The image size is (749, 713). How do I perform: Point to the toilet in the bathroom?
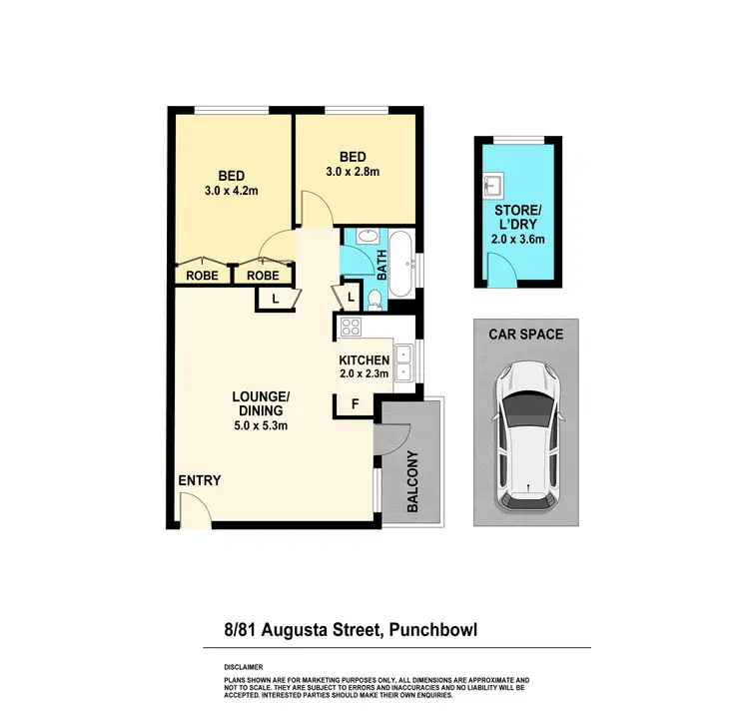pos(373,299)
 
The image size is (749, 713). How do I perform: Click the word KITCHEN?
pos(365,359)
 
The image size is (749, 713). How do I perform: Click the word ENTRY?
pos(199,481)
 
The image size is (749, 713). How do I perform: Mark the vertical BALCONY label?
pos(413,480)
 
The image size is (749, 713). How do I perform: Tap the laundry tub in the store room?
pos(491,186)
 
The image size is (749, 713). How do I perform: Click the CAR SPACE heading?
pos(525,335)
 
